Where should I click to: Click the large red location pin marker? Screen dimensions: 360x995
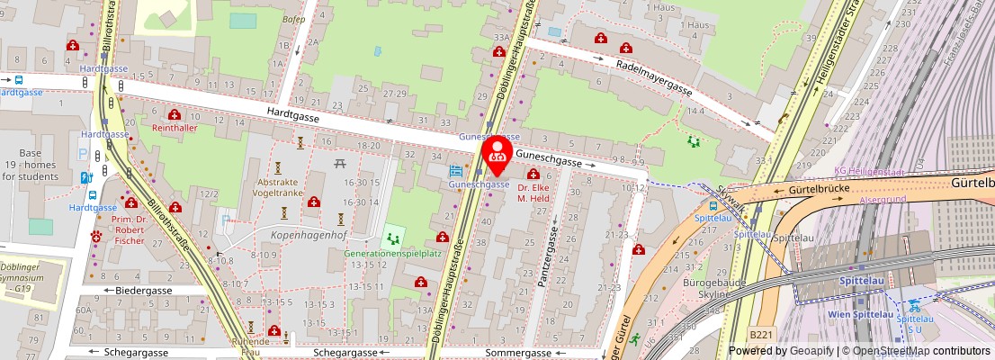pos(497,155)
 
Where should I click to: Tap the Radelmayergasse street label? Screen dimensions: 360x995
pos(654,77)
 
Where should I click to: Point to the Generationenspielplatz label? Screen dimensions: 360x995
pos(392,254)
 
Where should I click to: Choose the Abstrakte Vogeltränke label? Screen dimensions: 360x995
pos(278,186)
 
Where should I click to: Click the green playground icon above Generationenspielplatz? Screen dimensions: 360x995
pos(391,238)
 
